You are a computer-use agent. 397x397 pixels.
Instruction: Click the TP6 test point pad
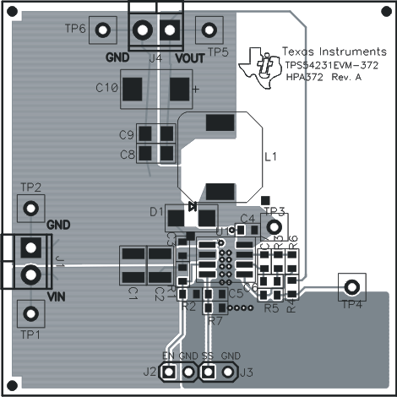tap(103, 30)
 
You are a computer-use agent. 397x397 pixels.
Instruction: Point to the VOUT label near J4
tap(190, 58)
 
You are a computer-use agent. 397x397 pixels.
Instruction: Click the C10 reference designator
tap(107, 88)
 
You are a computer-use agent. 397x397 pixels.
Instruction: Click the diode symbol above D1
tap(192, 204)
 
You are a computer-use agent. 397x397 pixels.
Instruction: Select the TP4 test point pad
tap(351, 286)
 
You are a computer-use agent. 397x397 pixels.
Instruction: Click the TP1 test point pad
tap(31, 314)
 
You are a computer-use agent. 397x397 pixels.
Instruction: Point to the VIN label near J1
tap(57, 296)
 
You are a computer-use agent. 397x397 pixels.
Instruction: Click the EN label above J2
tap(168, 356)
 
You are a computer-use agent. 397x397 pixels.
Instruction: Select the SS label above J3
tap(207, 356)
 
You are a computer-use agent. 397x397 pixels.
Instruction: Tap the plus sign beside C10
tap(196, 88)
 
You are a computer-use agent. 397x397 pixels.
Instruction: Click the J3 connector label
tap(247, 372)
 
